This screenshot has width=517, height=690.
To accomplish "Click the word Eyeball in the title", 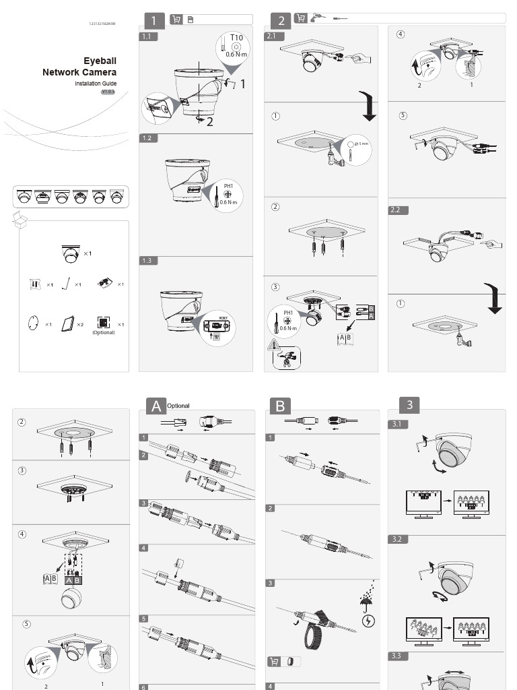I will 100,61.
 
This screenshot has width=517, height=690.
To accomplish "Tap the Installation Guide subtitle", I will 96,83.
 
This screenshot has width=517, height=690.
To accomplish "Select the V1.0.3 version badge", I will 108,92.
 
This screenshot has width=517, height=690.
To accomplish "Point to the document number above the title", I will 102,24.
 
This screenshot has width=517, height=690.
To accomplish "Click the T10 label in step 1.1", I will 236,38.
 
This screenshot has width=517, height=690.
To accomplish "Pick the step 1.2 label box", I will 148,138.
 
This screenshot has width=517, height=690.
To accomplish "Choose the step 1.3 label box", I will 148,261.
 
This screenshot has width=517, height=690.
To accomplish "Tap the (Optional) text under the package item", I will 104,332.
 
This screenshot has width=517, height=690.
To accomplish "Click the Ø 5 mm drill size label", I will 363,144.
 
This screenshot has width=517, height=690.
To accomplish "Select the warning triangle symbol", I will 273,345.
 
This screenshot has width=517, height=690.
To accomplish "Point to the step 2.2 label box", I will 399,210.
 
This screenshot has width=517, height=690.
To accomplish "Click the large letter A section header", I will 156,406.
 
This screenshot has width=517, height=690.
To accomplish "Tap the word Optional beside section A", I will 178,406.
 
